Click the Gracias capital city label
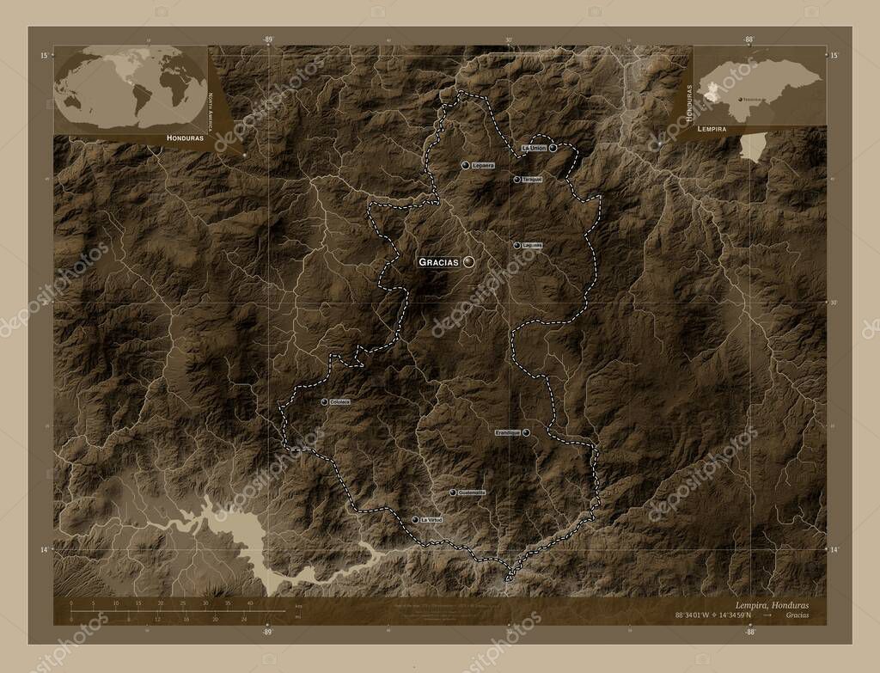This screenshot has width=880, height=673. click(x=438, y=262)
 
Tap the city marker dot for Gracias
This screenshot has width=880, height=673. click(x=468, y=261)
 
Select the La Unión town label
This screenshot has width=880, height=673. click(x=534, y=148)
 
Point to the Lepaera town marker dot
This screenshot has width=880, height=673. click(x=464, y=164)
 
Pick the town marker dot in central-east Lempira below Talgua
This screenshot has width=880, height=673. click(x=516, y=245)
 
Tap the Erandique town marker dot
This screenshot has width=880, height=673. click(x=526, y=432)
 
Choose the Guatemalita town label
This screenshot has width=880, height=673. click(x=472, y=493)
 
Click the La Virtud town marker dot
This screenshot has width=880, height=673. click(x=415, y=520)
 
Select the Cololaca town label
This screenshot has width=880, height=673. click(x=338, y=401)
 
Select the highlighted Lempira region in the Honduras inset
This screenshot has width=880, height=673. click(x=711, y=94)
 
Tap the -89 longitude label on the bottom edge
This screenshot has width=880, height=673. click(x=267, y=631)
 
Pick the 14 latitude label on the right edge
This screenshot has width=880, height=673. click(x=833, y=548)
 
